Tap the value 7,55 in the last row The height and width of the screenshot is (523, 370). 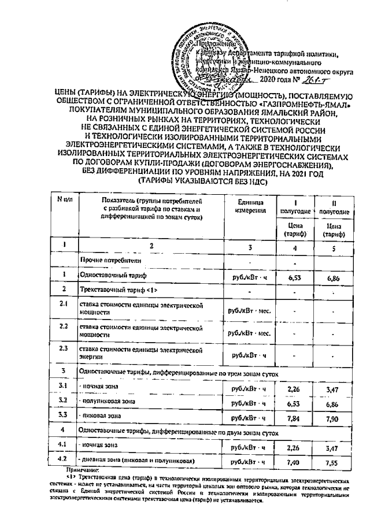pyautogui.click(x=332, y=462)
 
